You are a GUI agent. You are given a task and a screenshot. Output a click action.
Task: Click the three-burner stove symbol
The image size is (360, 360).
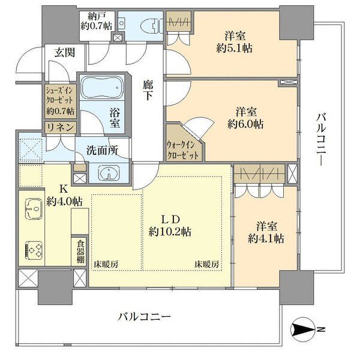point(34,250)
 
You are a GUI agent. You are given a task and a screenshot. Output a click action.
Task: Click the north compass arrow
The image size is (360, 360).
point(302,329)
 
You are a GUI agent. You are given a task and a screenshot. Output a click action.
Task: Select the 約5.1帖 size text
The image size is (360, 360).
point(234,48)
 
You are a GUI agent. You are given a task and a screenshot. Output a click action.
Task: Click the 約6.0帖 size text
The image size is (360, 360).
point(245,124)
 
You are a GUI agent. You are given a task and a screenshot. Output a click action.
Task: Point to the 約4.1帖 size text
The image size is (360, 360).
point(266,239)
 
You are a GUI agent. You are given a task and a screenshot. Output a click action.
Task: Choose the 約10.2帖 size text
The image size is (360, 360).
point(170,232)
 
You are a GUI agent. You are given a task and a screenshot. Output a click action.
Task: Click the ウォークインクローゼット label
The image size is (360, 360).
point(182,150)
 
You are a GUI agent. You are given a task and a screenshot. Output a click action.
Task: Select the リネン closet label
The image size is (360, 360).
point(61,127)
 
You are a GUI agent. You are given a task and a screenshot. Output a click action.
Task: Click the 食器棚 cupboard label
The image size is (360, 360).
point(80,251)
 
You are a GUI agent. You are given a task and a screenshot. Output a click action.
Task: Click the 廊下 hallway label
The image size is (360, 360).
point(148,91)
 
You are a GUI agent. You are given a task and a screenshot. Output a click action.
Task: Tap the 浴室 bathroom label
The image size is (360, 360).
point(115,118)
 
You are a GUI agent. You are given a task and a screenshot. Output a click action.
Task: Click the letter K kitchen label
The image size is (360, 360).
point(64,190)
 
